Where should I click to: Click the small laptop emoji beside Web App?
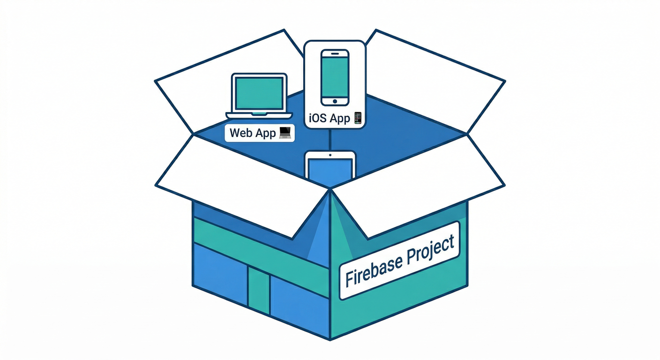point(285,133)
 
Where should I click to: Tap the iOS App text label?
point(330,118)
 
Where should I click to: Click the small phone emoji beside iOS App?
point(358,118)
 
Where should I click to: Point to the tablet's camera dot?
point(330,155)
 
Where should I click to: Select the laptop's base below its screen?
point(259,115)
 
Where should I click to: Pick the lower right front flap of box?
point(417,185)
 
